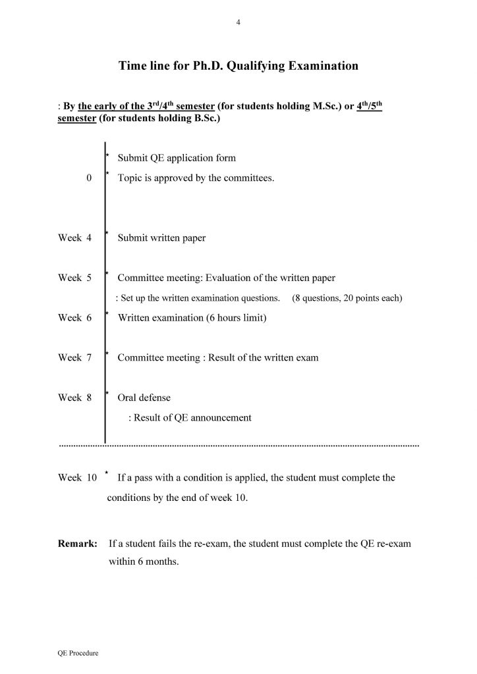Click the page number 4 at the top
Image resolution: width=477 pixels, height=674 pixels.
(238, 23)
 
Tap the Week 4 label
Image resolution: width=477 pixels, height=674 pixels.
(74, 238)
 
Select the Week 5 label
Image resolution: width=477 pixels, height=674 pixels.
(74, 278)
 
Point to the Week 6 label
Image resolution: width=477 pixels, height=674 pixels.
(74, 318)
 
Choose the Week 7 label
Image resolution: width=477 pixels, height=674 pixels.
(74, 358)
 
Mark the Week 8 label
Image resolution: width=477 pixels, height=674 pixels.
(74, 398)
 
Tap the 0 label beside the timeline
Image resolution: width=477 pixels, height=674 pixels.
(88, 178)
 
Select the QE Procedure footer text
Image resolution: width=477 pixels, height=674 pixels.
(78, 654)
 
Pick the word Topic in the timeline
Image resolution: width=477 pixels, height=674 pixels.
(129, 178)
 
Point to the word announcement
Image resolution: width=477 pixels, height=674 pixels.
(221, 417)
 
